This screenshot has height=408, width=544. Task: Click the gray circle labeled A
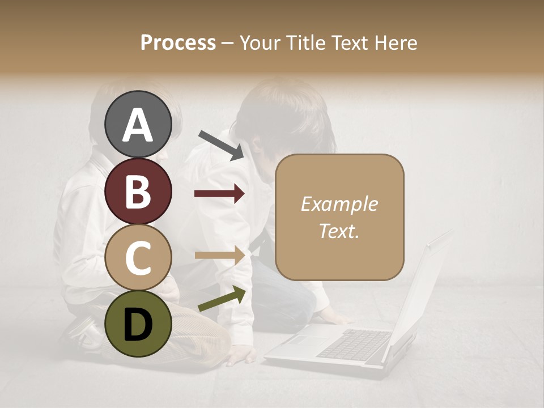point(138,124)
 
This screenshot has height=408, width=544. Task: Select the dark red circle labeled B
point(138,191)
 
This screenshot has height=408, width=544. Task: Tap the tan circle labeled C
point(138,257)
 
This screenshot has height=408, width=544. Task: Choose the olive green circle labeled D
point(138,324)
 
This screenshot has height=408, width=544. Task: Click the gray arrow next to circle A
point(221,144)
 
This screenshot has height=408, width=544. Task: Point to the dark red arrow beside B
point(220,194)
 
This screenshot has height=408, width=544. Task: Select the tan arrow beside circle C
point(220,255)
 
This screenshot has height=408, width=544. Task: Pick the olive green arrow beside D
point(222,299)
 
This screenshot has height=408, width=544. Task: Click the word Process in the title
point(178,42)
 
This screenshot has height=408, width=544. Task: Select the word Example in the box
point(339,204)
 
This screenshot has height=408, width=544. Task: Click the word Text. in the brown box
point(339,231)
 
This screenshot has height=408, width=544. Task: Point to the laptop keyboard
point(354,343)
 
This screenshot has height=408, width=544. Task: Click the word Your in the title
point(258,42)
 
